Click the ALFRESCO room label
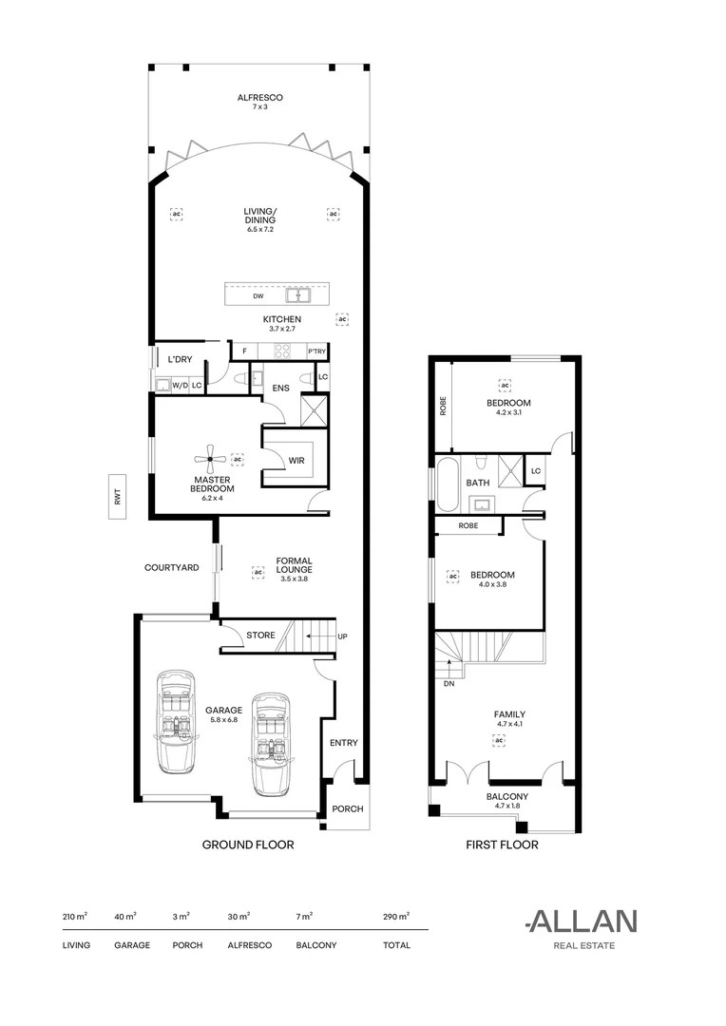[259, 98]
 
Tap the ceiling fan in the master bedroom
[210, 459]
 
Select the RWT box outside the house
[118, 497]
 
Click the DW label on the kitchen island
[258, 296]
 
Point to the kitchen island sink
[298, 295]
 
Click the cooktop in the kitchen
[282, 351]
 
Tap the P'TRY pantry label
[316, 351]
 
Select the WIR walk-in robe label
[296, 460]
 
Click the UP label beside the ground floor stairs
[342, 636]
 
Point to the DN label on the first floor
[449, 684]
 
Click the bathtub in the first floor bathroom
[449, 484]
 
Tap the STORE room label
[260, 635]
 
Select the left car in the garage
[175, 720]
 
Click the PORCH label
[348, 808]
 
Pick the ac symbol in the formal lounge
[258, 572]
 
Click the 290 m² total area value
[396, 916]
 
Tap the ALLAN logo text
[582, 921]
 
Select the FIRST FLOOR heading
[502, 845]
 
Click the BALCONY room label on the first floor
[507, 796]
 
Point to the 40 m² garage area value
[125, 916]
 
